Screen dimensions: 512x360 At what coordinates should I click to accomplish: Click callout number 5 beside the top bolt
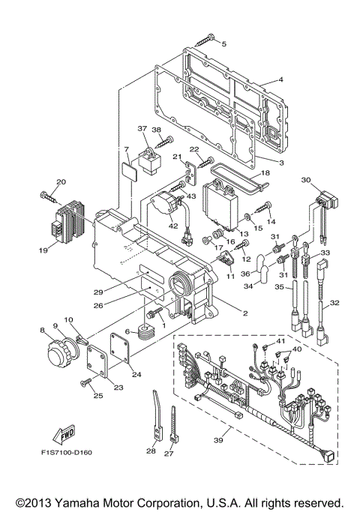pos(223,44)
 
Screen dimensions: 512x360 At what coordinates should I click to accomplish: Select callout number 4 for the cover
pos(280,79)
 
